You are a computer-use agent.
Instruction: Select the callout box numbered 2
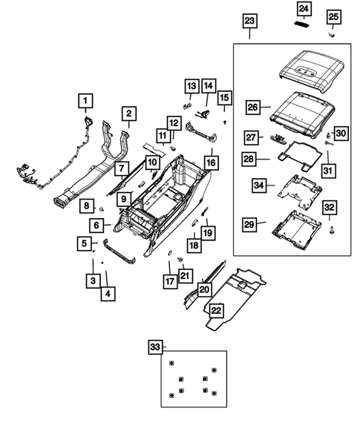[128, 114]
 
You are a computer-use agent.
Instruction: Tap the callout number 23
[249, 20]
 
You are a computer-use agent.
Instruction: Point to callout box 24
[304, 8]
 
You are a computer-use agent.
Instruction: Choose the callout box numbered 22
[216, 310]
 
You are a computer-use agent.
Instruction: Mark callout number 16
[211, 161]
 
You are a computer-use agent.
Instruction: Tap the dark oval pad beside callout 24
[303, 23]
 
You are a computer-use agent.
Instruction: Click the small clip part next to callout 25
[333, 33]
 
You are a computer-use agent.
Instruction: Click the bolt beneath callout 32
[331, 241]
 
